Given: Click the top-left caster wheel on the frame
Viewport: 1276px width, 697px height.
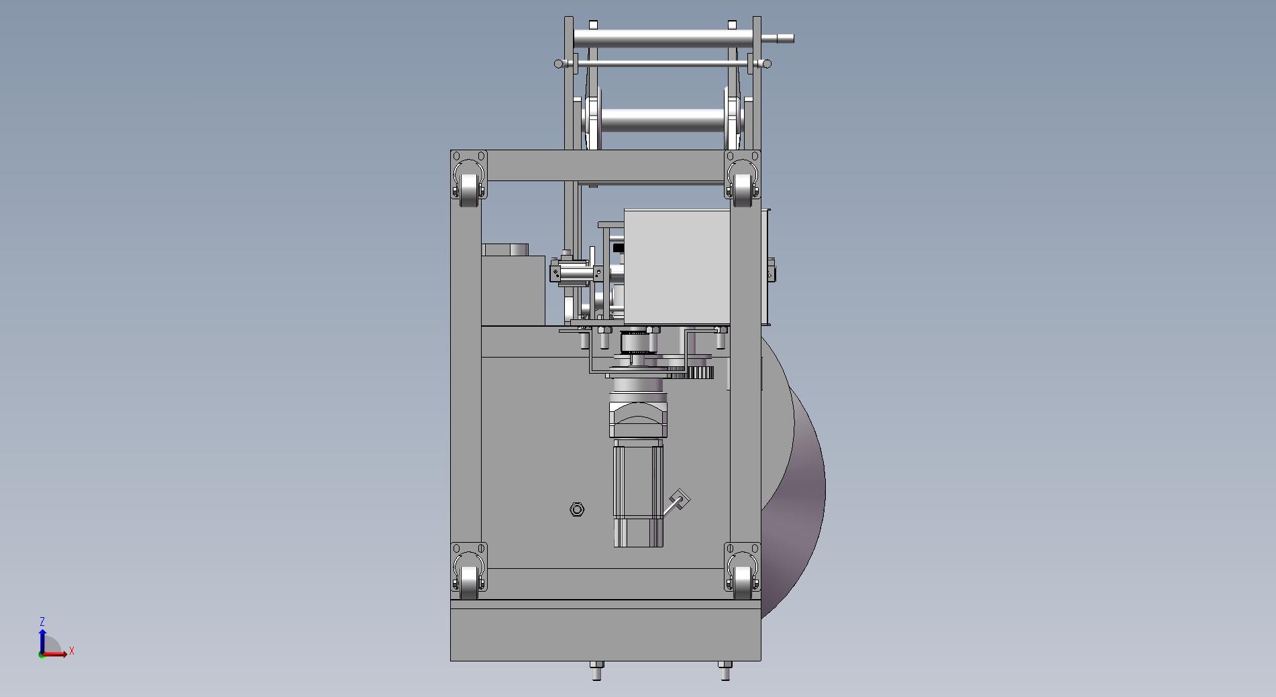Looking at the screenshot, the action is click(469, 186).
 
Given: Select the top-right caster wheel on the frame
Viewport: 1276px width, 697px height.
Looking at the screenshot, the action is click(742, 186).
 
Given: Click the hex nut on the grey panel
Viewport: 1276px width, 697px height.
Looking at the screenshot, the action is click(577, 510).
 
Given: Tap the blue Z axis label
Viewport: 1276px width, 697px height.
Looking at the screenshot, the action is click(42, 622).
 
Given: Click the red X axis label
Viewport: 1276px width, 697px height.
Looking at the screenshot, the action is click(72, 651).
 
